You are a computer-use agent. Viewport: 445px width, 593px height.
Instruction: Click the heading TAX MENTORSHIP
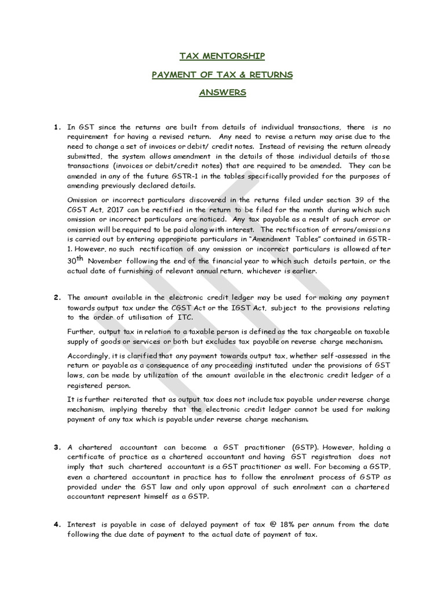tap(222, 56)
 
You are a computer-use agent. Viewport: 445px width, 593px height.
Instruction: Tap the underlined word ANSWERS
tap(222, 93)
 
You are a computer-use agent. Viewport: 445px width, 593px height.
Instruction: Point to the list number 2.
tap(57, 298)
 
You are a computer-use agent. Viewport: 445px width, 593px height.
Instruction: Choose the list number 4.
tap(57, 525)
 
